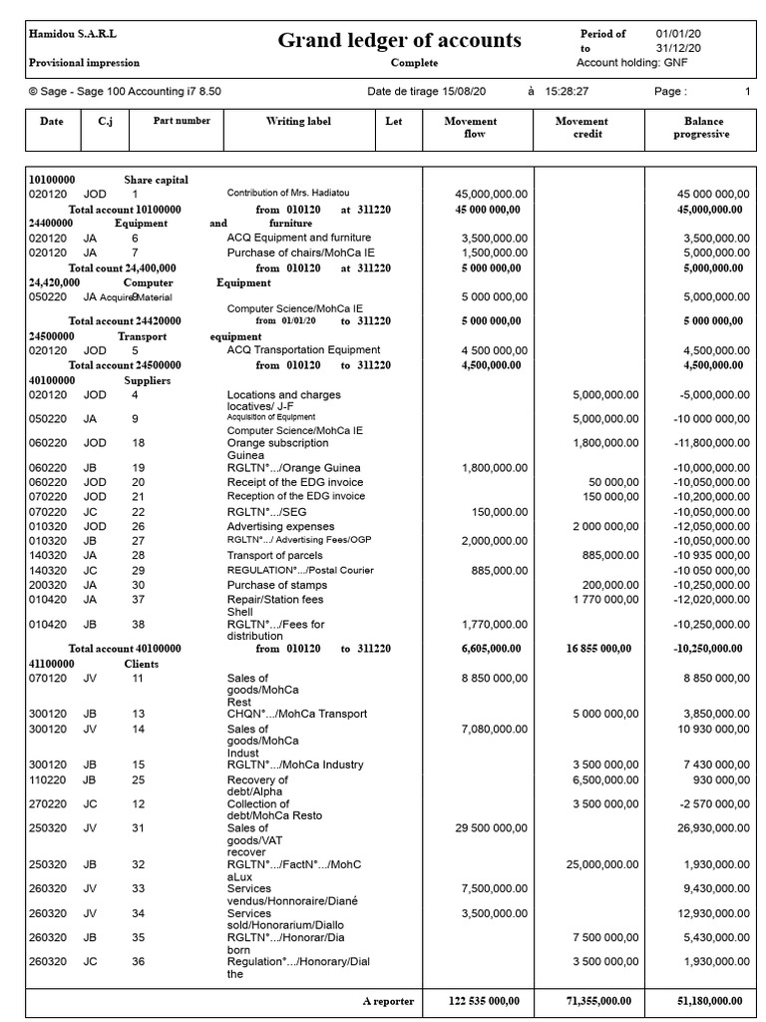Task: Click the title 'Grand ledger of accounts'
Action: [x=399, y=41]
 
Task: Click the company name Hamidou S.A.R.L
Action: [x=73, y=34]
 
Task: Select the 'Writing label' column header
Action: [x=298, y=122]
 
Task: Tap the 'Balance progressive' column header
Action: [x=700, y=128]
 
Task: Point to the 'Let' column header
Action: [x=394, y=122]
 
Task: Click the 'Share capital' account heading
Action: [x=156, y=180]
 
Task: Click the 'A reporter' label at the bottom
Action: [x=389, y=1000]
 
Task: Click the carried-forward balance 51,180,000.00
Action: [x=706, y=1000]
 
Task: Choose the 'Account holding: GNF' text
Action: [x=631, y=63]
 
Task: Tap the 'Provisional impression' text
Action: [x=83, y=63]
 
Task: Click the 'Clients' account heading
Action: [x=142, y=664]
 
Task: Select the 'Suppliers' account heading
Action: [x=147, y=380]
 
